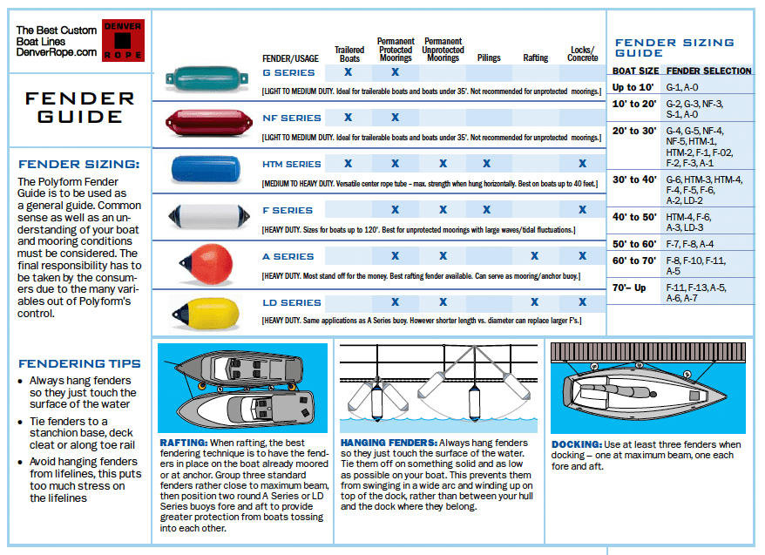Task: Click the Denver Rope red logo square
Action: pyautogui.click(x=123, y=40)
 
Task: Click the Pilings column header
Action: pyautogui.click(x=489, y=58)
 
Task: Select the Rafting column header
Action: pyautogui.click(x=535, y=58)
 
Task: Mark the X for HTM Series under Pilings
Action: pyautogui.click(x=486, y=163)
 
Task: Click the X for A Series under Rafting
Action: pyautogui.click(x=535, y=256)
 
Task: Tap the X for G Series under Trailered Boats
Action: pyautogui.click(x=349, y=71)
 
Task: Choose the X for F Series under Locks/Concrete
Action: pyautogui.click(x=583, y=209)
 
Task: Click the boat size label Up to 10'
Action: pyautogui.click(x=633, y=87)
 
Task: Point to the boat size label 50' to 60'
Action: pyautogui.click(x=634, y=244)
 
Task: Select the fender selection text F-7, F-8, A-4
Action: pyautogui.click(x=690, y=244)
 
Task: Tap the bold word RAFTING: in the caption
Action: pyautogui.click(x=182, y=443)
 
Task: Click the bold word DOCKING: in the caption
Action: pyautogui.click(x=576, y=444)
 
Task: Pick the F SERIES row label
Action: pyautogui.click(x=288, y=210)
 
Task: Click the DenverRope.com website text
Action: pyautogui.click(x=57, y=52)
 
